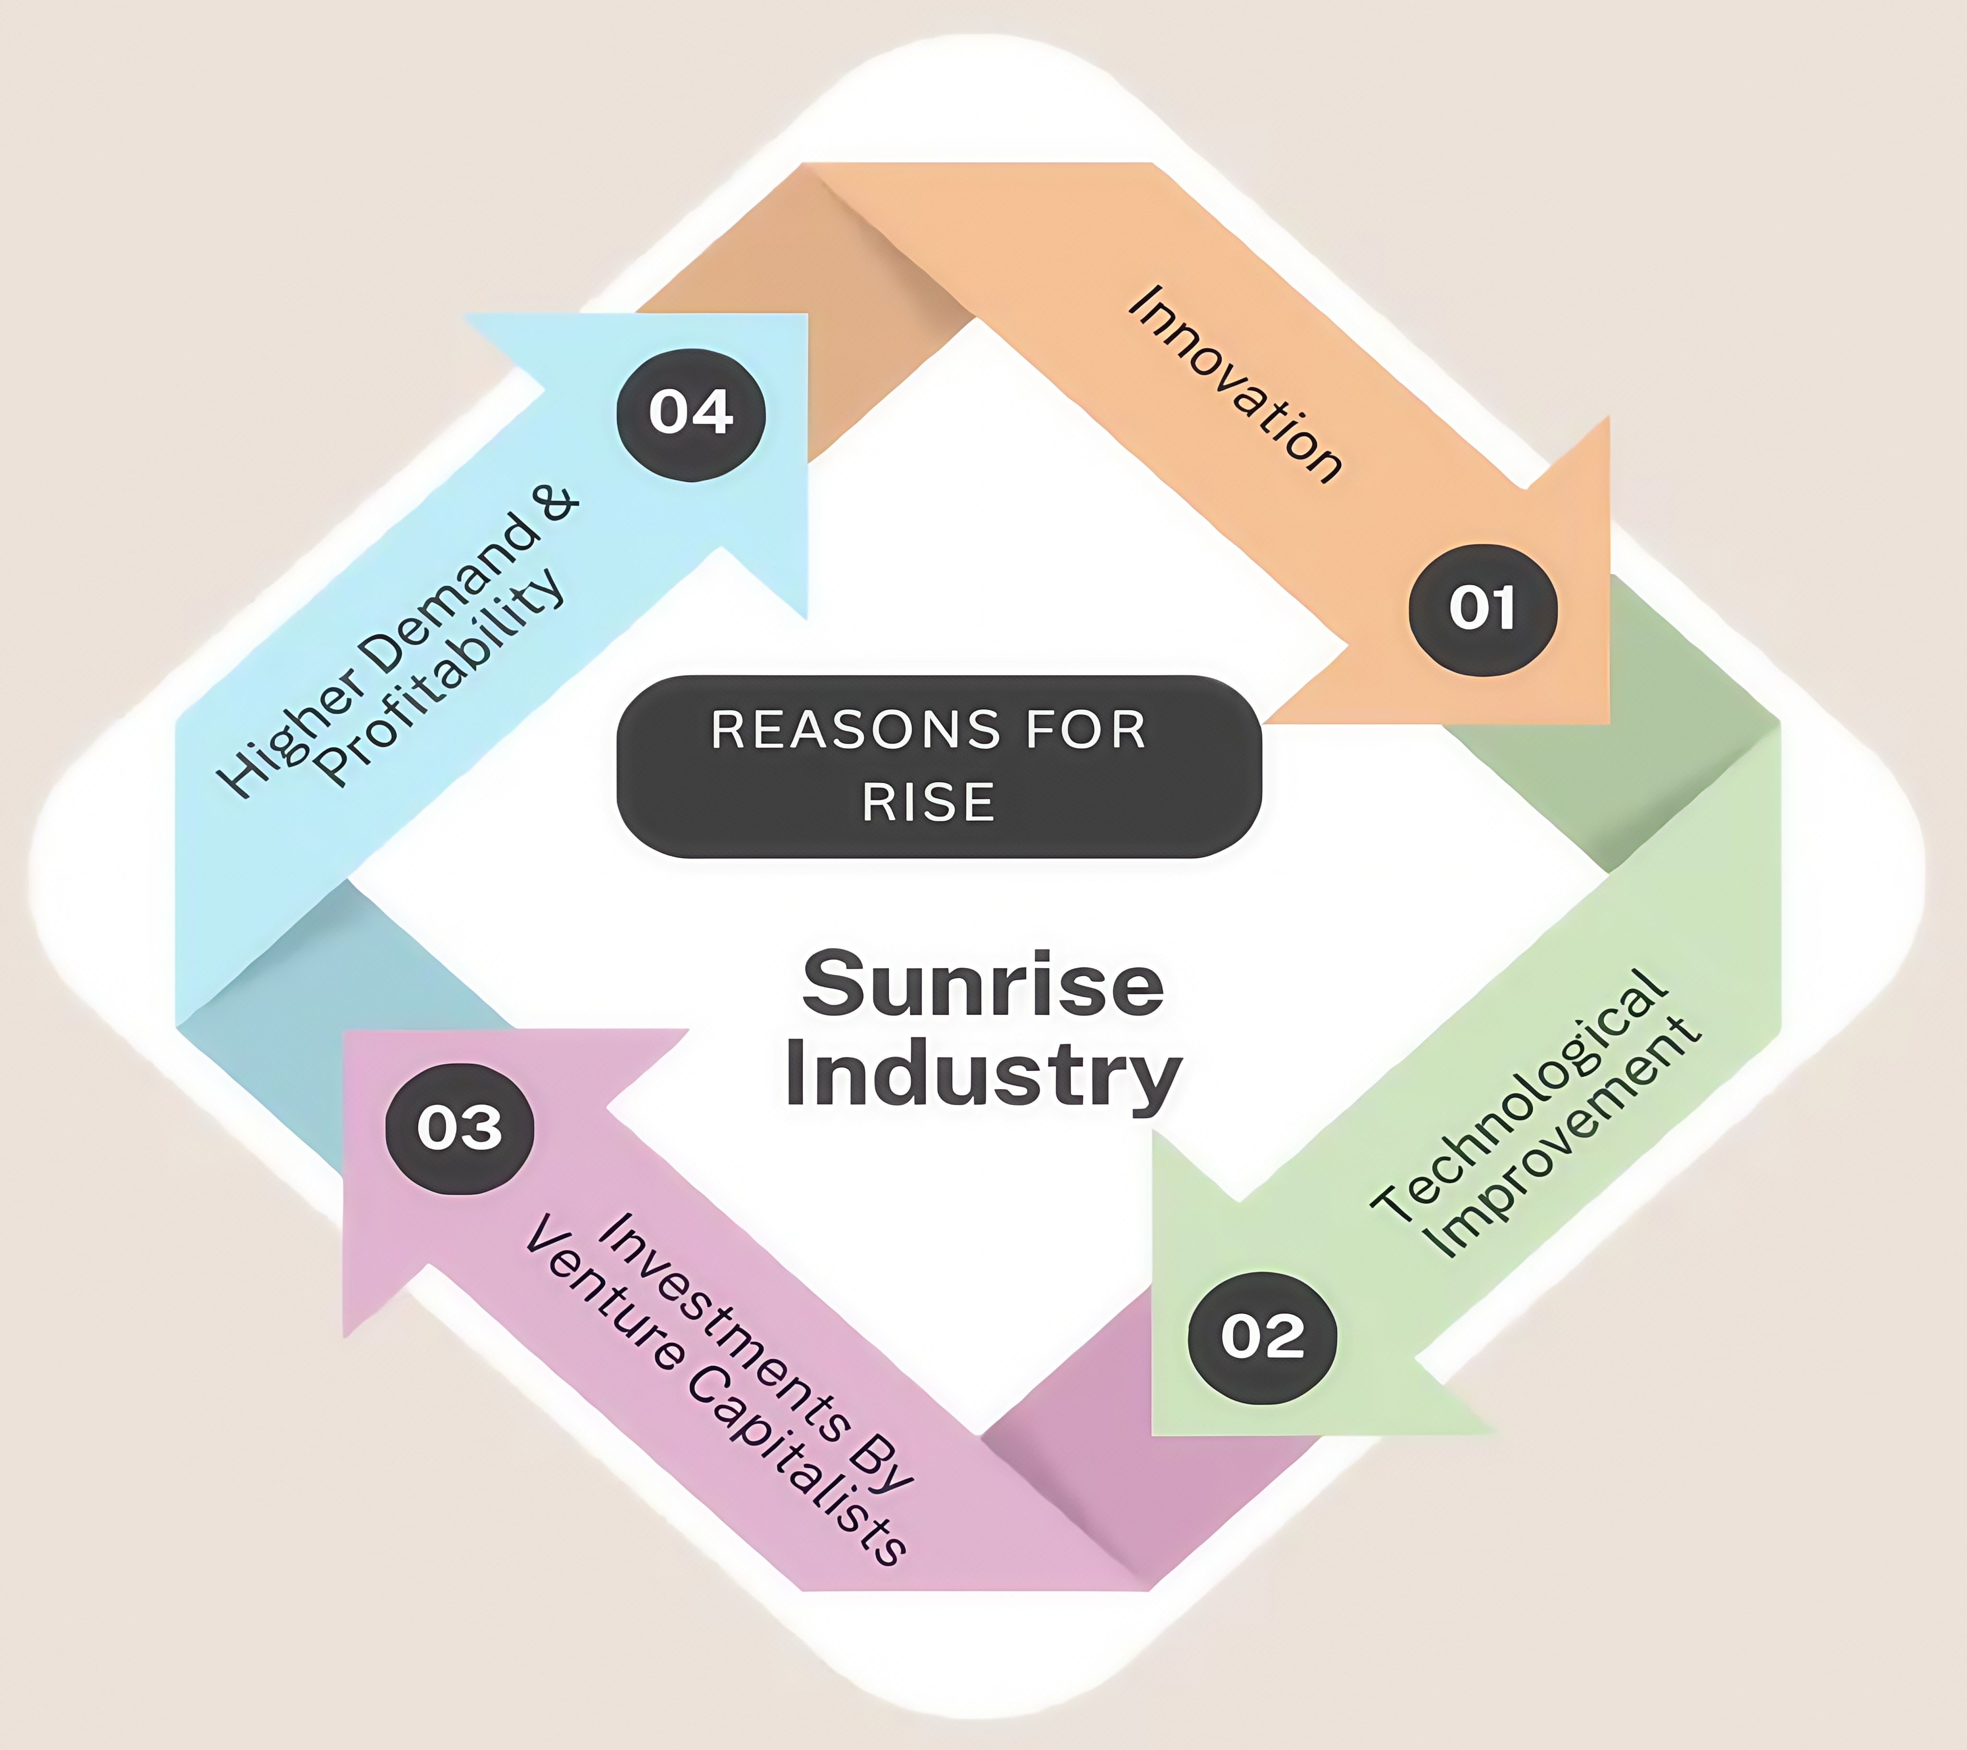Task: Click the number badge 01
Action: pyautogui.click(x=1482, y=609)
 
